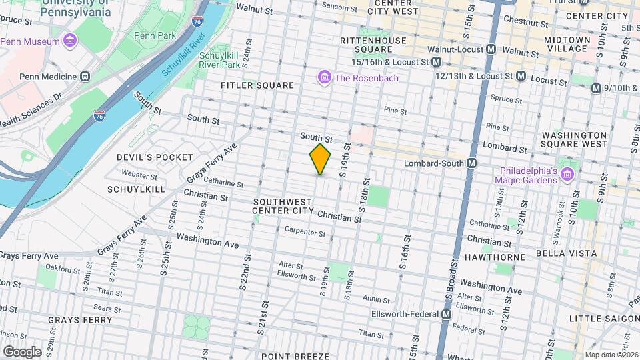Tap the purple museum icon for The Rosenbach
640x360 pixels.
tap(325, 78)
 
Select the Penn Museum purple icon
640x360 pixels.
tap(70, 41)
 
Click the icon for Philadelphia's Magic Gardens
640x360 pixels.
tap(567, 174)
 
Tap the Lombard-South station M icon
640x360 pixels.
tap(471, 163)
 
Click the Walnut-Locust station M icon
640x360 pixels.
tap(491, 49)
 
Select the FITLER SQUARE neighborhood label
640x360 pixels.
tap(258, 85)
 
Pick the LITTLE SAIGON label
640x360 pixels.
tap(603, 319)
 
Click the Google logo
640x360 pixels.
tap(21, 351)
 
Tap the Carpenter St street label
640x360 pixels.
tap(305, 233)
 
